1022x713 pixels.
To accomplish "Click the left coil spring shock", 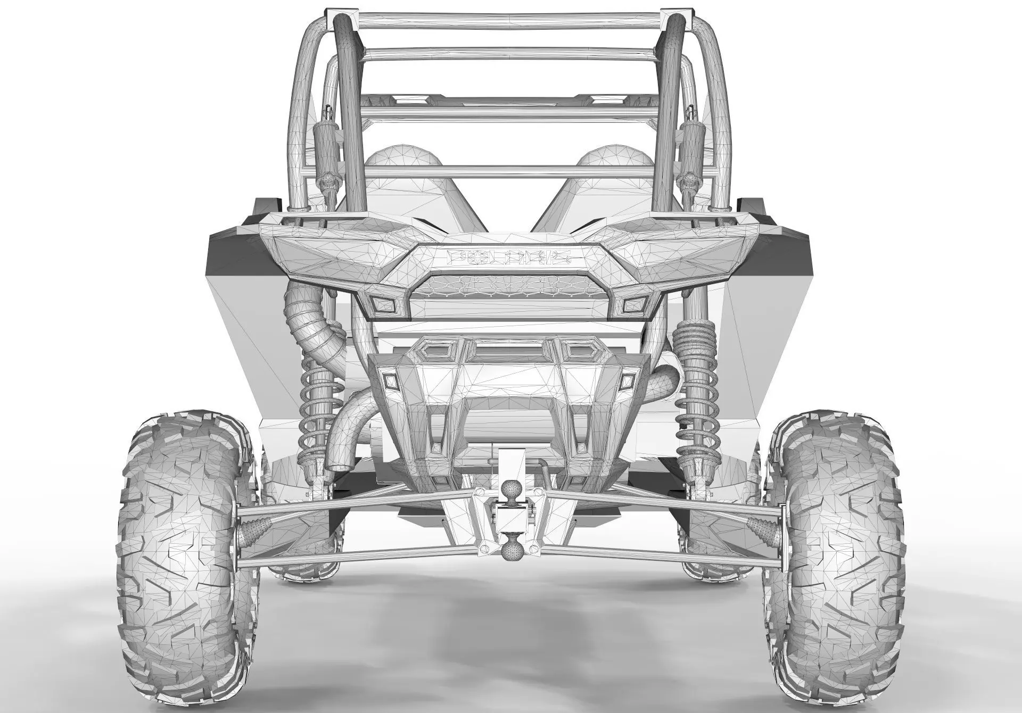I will [319, 404].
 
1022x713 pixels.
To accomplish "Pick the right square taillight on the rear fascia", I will [634, 304].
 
